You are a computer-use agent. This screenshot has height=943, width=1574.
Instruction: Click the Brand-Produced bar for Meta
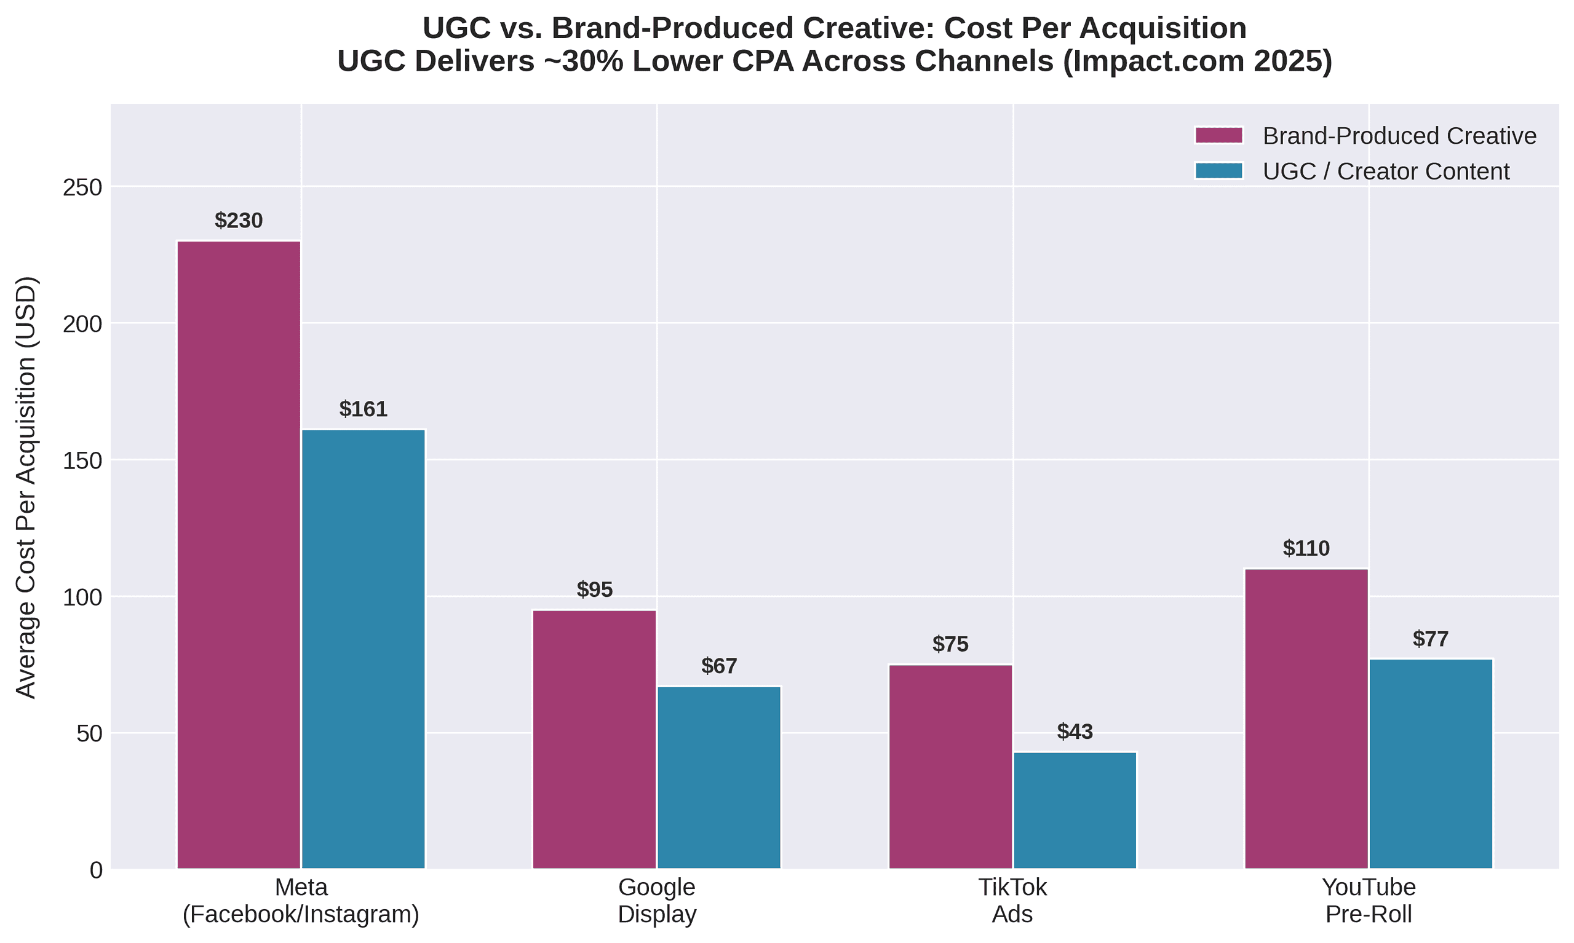pos(239,554)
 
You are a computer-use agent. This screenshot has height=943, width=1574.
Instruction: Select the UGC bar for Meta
pos(363,649)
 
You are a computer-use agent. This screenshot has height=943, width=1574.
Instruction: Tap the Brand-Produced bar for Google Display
pos(594,739)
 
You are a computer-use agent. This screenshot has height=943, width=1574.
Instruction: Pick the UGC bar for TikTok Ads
pos(1075,810)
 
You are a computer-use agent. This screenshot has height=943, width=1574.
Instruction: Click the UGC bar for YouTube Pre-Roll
pos(1430,763)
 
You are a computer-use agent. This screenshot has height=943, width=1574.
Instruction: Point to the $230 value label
pos(239,221)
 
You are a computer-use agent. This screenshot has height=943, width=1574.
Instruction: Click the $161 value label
pos(363,409)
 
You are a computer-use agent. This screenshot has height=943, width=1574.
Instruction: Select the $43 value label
pos(1075,732)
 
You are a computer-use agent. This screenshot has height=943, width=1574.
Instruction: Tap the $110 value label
pos(1306,548)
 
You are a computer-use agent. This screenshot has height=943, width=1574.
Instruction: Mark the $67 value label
pos(719,666)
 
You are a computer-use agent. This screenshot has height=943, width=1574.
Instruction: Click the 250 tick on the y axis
pos(82,187)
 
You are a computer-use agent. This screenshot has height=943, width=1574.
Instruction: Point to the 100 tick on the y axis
pos(82,598)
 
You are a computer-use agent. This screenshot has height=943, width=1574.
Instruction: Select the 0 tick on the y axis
pos(95,870)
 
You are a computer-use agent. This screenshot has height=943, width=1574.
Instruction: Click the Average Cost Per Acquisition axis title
pos(26,487)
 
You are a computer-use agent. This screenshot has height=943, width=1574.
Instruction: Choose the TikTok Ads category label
pos(1012,901)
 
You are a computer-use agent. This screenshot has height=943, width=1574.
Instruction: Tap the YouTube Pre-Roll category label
pos(1369,901)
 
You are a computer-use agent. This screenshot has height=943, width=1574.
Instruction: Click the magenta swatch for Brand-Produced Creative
pos(1218,135)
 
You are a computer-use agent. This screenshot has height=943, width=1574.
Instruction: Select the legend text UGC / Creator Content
pos(1386,172)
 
